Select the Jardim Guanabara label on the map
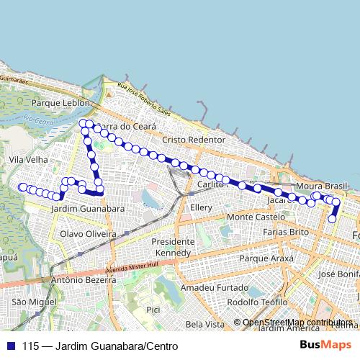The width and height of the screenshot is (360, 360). click(87, 209)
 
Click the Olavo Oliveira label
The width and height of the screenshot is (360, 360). click(88, 235)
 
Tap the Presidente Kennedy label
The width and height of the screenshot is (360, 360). click(172, 247)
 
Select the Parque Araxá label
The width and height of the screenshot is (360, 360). click(268, 258)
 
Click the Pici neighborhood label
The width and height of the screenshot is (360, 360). click(153, 310)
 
